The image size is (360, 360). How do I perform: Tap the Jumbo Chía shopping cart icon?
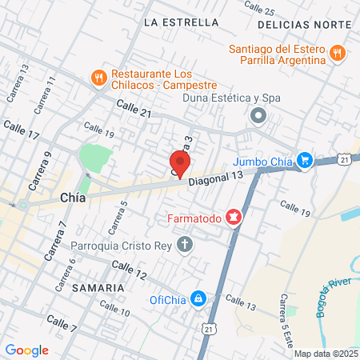pyautogui.click(x=304, y=160)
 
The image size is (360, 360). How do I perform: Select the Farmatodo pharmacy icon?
pyautogui.click(x=234, y=217)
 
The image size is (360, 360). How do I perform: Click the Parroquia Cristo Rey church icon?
pyautogui.click(x=186, y=243)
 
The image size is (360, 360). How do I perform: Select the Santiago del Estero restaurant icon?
pyautogui.click(x=338, y=53)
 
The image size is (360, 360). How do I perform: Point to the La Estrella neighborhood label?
pyautogui.click(x=182, y=22)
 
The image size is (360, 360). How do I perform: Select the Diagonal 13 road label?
pyautogui.click(x=215, y=179)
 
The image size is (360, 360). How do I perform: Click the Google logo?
pyautogui.click(x=26, y=350)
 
